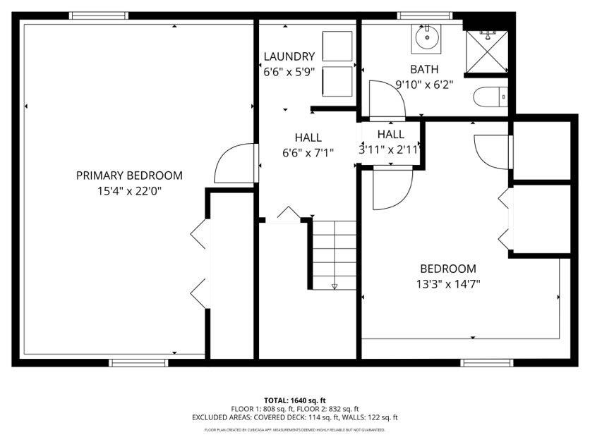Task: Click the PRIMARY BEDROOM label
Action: [x=129, y=176]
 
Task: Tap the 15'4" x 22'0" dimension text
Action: [x=129, y=190]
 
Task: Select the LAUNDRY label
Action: [x=289, y=56]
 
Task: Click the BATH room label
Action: [x=424, y=69]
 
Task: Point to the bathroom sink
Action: [x=427, y=38]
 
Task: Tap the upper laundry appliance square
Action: [x=337, y=47]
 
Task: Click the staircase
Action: [x=335, y=254]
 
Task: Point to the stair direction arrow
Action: [x=335, y=286]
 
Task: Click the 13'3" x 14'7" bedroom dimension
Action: [x=448, y=284]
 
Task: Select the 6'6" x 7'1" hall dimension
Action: [x=308, y=152]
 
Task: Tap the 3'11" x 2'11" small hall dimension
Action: [x=390, y=149]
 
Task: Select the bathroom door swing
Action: [x=386, y=99]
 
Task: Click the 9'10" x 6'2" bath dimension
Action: [x=424, y=84]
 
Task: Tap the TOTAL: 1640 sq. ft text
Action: [x=294, y=400]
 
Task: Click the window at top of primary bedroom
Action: [x=99, y=16]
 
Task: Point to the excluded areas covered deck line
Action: [x=294, y=417]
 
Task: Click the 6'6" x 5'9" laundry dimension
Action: [x=289, y=71]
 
